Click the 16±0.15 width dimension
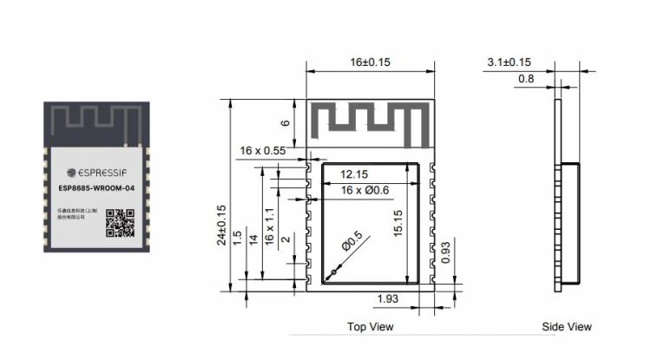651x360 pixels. coord(370,62)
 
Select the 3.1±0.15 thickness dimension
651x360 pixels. coord(509,62)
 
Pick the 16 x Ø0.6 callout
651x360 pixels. coord(364,190)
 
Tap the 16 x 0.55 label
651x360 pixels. coord(263,151)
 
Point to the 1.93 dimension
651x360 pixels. coord(389,299)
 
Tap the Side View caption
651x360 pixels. coord(566,327)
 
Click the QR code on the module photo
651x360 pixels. coord(121,223)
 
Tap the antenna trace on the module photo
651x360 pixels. coord(91,121)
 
